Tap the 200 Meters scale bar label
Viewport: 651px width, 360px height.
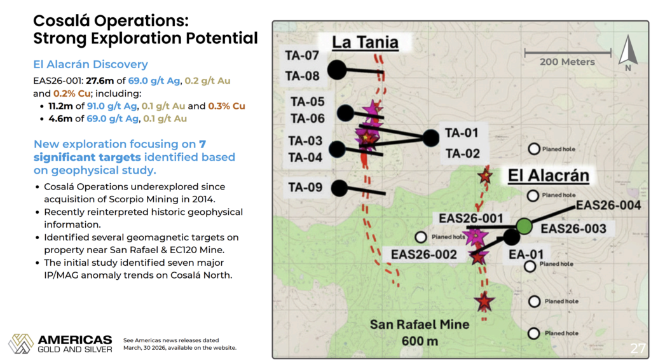567,62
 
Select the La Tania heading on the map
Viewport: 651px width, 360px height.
366,43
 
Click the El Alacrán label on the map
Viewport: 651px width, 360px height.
549,176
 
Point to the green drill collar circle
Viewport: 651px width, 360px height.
524,226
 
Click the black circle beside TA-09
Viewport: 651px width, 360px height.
339,188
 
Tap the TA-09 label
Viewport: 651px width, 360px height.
306,187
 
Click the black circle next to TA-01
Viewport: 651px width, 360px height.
430,138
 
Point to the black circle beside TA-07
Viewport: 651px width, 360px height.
337,70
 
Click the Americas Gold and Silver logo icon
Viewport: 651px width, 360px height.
21,343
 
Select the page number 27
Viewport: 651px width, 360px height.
637,347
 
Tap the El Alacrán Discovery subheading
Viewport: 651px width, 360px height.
90,64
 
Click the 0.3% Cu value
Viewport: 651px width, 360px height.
227,106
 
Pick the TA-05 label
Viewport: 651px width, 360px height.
308,101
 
